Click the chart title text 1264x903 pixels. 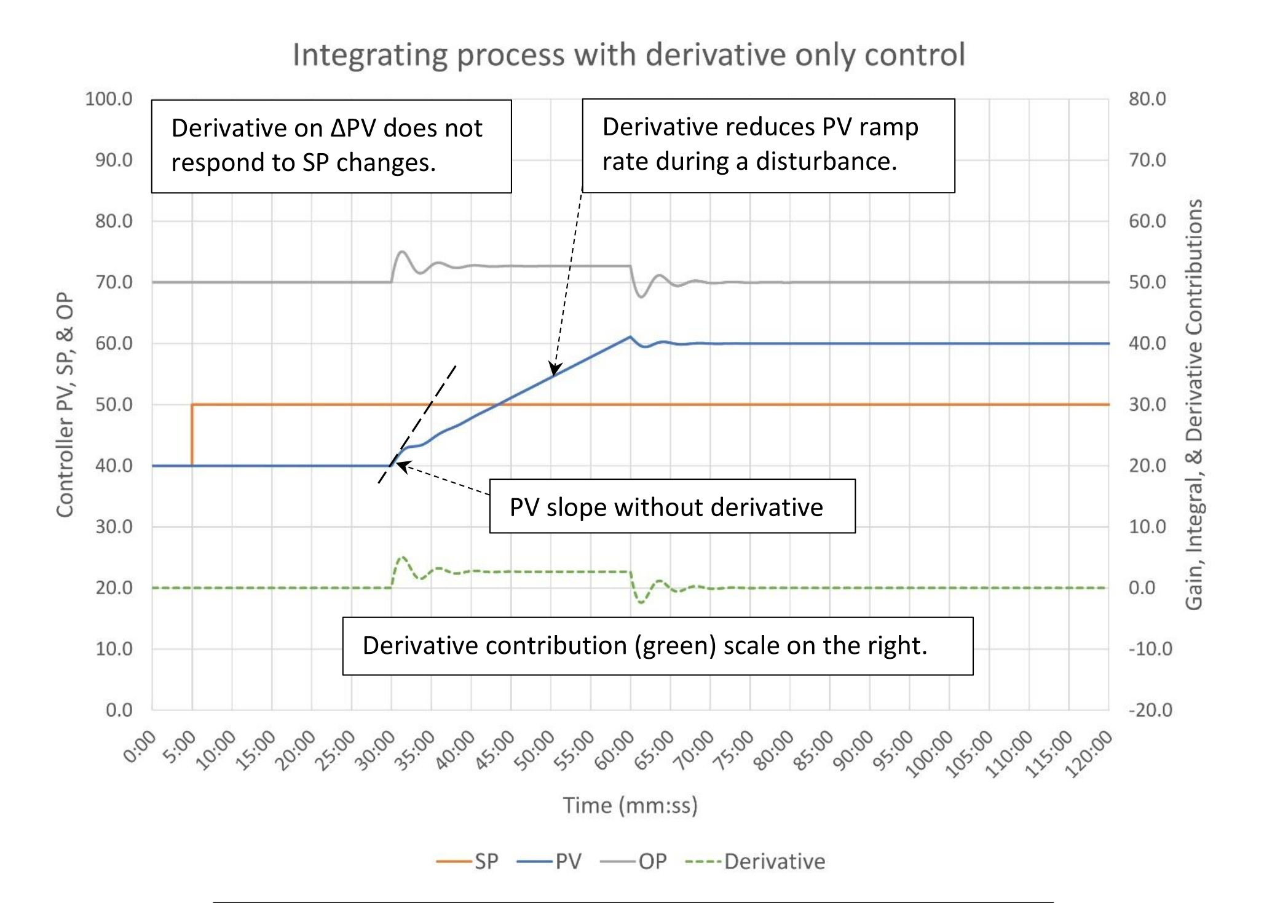pos(628,55)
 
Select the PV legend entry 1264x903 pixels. pos(550,861)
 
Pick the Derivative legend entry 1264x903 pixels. pos(756,861)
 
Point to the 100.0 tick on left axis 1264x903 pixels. pos(109,99)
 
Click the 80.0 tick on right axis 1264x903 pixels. pos(1147,99)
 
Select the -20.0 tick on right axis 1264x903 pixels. pos(1150,710)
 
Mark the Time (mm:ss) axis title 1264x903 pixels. pos(630,805)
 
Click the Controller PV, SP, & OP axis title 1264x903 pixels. pos(65,404)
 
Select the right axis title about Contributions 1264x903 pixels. pos(1193,404)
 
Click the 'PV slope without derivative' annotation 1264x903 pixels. pos(666,507)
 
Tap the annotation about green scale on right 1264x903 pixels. pos(644,646)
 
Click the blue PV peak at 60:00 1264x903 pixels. pos(630,337)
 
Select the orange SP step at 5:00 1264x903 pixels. pos(192,434)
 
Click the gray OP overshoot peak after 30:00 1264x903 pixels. pos(402,252)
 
